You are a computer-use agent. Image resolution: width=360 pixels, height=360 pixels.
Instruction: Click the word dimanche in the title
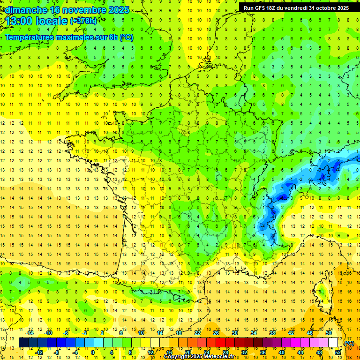[26, 10]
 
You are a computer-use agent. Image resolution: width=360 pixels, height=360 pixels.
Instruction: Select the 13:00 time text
[18, 21]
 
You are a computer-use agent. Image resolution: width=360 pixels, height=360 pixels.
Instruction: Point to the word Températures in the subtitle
[30, 37]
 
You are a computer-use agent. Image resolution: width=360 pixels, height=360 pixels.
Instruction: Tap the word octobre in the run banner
[322, 8]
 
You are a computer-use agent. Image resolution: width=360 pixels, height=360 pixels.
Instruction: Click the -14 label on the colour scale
[30, 332]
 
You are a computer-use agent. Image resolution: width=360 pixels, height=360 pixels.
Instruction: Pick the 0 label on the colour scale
[92, 352]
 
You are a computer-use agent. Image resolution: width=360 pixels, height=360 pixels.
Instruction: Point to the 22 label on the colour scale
[197, 332]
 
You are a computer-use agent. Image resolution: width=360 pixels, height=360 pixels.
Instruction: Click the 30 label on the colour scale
[235, 332]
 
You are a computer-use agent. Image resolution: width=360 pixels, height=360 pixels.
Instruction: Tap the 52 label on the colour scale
[337, 352]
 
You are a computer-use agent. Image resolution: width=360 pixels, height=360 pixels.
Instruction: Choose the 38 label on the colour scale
[272, 332]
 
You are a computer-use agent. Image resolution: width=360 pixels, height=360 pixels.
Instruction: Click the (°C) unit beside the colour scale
[349, 343]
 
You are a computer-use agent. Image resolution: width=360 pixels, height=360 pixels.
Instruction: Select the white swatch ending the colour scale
[333, 343]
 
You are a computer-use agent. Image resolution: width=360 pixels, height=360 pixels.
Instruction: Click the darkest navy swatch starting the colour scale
[23, 343]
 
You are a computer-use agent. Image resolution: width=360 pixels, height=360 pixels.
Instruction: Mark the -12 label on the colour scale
[40, 352]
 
